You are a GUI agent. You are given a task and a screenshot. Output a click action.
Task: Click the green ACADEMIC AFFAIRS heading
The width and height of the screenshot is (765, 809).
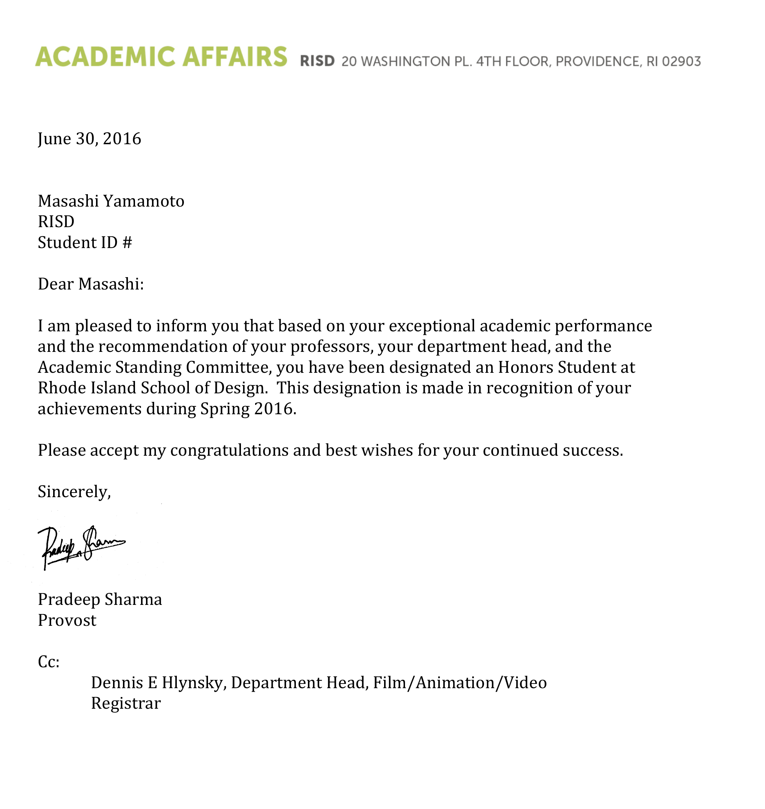(x=161, y=57)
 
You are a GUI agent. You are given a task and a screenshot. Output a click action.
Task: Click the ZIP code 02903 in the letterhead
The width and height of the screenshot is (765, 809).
(x=681, y=62)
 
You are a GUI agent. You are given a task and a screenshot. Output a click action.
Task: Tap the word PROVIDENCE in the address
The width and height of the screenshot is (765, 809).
(x=598, y=62)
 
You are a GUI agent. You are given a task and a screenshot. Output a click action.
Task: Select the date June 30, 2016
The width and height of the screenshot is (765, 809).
(x=89, y=139)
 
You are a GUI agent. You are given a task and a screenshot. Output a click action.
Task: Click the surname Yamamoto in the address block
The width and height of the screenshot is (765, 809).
(x=144, y=201)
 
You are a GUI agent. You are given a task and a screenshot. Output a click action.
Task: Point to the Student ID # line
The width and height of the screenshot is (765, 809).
(x=85, y=243)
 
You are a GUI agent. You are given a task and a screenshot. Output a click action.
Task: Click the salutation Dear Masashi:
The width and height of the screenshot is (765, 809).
(x=90, y=284)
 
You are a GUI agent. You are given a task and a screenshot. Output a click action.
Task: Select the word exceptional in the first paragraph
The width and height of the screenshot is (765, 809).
(x=432, y=326)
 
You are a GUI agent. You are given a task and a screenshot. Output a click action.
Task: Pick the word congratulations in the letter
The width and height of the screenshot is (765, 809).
(x=229, y=451)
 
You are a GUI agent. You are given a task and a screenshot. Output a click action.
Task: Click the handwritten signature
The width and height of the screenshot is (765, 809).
(x=79, y=546)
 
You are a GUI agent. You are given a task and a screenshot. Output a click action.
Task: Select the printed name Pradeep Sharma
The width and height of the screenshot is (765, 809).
(x=100, y=600)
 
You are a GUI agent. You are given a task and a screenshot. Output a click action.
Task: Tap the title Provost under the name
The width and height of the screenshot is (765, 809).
(x=67, y=620)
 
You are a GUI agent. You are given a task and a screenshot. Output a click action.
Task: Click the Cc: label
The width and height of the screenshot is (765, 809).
(x=49, y=662)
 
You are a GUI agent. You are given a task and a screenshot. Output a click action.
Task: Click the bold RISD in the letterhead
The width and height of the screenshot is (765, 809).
(x=317, y=61)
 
